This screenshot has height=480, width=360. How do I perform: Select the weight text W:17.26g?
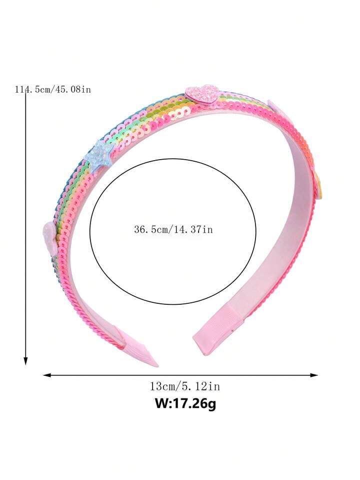[x=185, y=403]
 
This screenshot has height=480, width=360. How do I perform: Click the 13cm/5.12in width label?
[x=184, y=386]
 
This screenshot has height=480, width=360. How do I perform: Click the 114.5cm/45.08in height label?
[x=53, y=90]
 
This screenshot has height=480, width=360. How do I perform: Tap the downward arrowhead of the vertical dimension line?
[x=25, y=361]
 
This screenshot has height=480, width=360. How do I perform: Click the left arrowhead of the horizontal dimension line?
[x=47, y=375]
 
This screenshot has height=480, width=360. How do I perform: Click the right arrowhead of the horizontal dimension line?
[x=314, y=375]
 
